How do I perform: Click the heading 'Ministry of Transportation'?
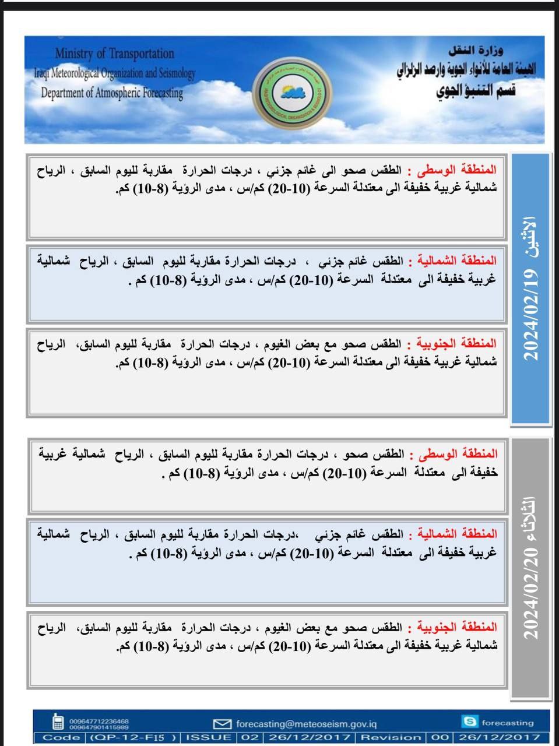[114, 54]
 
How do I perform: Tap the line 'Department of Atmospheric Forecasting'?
[112, 93]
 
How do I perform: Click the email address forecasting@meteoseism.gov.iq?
[306, 724]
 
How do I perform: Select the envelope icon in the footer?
[222, 724]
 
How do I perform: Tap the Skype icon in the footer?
[469, 722]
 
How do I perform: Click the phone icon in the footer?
[58, 722]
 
